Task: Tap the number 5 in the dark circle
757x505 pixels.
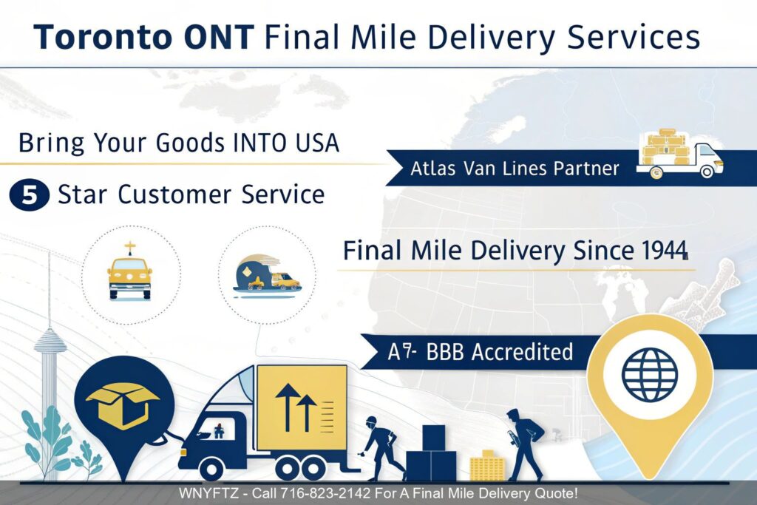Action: pos(30,194)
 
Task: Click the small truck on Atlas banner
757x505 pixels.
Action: pos(680,153)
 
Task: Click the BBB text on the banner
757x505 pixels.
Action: pos(448,351)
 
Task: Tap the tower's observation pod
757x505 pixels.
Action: pos(50,342)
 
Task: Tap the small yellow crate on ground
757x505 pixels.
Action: pos(486,464)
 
